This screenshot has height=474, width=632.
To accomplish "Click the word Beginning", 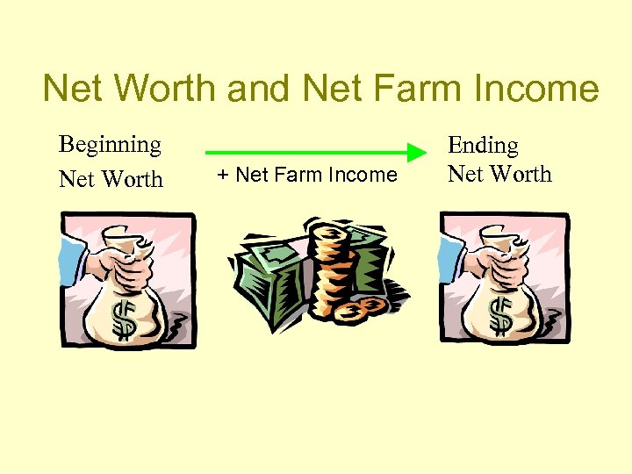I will [x=110, y=144].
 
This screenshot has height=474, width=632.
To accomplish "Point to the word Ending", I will [x=483, y=145].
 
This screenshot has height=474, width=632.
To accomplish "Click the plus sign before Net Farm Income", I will [x=223, y=176].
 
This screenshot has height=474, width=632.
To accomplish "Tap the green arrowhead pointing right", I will [x=416, y=154].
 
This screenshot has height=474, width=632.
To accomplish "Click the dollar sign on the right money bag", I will [x=501, y=317].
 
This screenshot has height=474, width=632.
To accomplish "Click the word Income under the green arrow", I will [x=363, y=176].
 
